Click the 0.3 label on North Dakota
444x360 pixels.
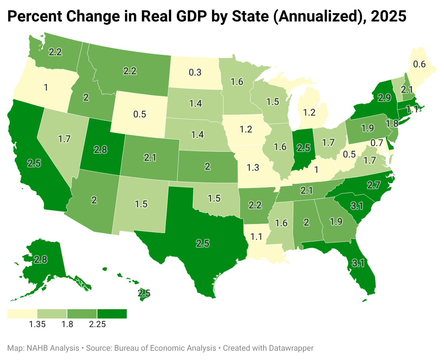point(195,73)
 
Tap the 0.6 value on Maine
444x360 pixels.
point(419,64)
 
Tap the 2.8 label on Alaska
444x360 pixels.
point(40,259)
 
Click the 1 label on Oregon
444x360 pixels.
point(46,88)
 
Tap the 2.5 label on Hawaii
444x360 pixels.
point(144,293)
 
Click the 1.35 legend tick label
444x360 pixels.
point(37,324)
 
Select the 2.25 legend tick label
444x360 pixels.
point(97,324)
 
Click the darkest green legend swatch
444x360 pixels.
point(112,314)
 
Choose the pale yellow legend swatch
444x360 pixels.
point(22,314)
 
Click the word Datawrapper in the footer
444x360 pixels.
point(292,348)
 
